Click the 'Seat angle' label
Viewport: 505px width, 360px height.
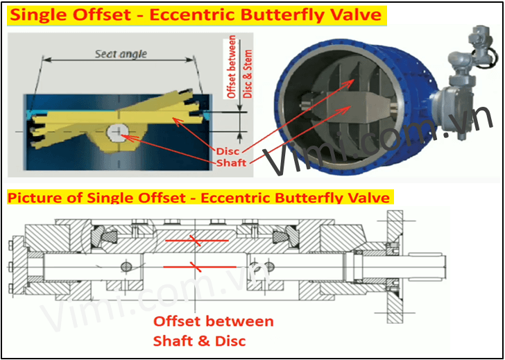[121, 54]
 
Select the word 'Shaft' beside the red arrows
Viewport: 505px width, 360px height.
[232, 163]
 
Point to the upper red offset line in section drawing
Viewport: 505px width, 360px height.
[197, 240]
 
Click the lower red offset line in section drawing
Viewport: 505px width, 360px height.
[200, 266]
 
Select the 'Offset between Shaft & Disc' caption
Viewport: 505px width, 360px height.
[213, 331]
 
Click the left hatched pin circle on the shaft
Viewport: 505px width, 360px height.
[126, 266]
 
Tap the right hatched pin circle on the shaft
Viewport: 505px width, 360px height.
[268, 266]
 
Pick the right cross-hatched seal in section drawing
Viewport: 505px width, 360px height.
[281, 238]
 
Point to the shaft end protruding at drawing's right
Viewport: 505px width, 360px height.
[429, 266]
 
